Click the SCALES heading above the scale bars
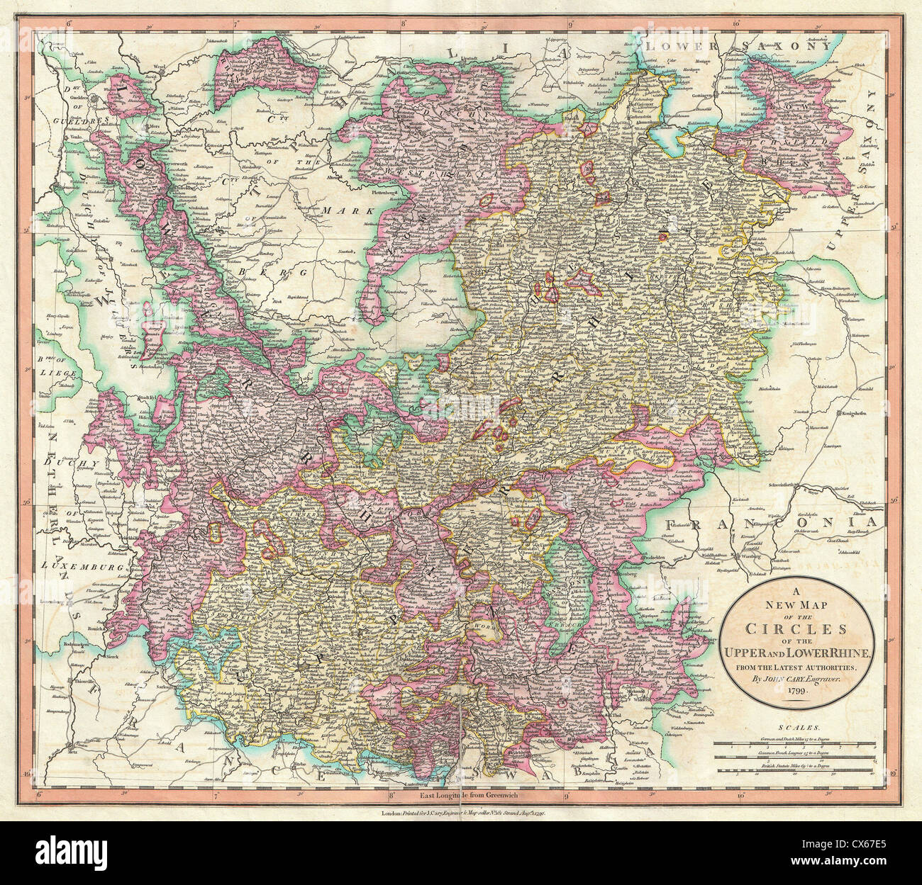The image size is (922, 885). (x=799, y=728)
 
